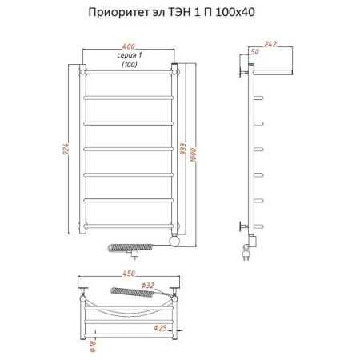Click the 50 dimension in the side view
click(254, 51)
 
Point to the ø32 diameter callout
click(147, 286)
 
